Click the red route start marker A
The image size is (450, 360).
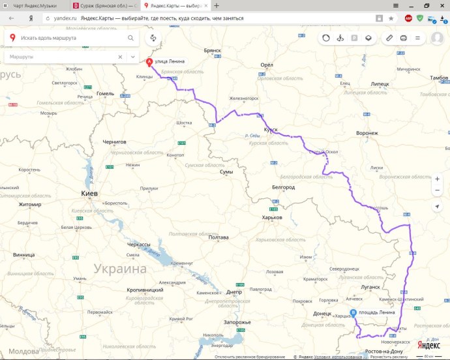149,63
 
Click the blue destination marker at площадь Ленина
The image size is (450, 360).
353,313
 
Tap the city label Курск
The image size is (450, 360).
271,130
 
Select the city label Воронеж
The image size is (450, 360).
367,133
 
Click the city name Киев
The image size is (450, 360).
89,194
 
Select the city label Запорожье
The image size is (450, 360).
237,322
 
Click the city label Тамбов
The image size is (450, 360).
439,78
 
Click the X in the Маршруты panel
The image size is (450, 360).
119,57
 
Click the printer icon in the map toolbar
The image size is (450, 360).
403,38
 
